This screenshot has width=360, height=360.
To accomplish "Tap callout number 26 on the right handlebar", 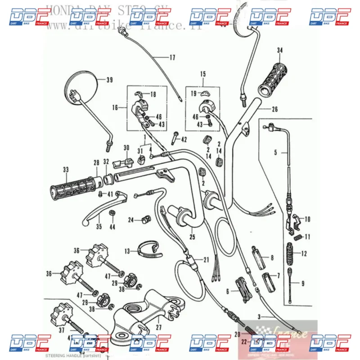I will (275, 109).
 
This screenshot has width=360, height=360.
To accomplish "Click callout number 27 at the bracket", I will (158, 328).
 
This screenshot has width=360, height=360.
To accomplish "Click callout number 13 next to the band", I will (127, 251).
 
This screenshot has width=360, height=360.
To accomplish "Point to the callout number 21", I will (206, 260).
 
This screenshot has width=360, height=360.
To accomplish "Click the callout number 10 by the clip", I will (307, 220).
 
